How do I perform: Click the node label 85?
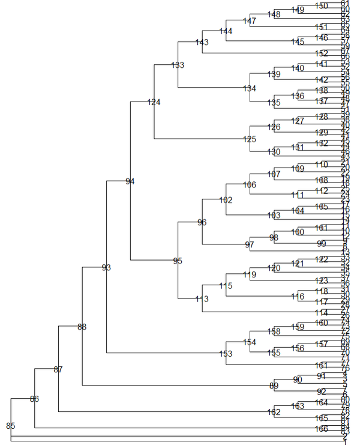10,426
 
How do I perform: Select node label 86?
34,399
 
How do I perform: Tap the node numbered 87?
58,369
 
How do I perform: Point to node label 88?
82,327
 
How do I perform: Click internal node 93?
106,267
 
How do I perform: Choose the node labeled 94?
130,181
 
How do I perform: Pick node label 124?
154,103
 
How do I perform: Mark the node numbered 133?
178,65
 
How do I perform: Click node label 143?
202,42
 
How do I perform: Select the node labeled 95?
178,261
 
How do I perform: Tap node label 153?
226,354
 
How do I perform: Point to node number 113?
202,299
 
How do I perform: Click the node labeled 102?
226,200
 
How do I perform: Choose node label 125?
250,139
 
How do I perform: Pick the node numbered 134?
250,89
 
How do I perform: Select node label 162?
274,412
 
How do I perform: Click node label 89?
274,385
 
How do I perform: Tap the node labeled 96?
202,223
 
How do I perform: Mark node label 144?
226,31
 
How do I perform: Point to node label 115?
226,286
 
